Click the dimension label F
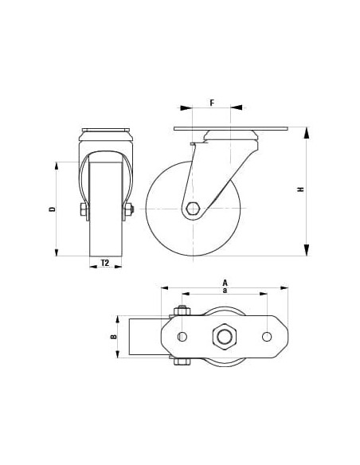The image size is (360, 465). pyautogui.click(x=211, y=103)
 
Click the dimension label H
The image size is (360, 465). pyautogui.click(x=300, y=190)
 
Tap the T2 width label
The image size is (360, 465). pyautogui.click(x=104, y=262)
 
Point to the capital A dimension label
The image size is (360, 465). pyautogui.click(x=225, y=282)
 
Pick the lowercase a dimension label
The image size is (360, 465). pyautogui.click(x=225, y=291)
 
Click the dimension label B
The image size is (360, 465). pyautogui.click(x=113, y=337)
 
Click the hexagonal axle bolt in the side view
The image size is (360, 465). pyautogui.click(x=194, y=209)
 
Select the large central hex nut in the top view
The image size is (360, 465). pyautogui.click(x=225, y=337)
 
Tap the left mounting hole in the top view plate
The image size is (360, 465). pyautogui.click(x=182, y=337)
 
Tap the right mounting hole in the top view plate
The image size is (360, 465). pyautogui.click(x=267, y=337)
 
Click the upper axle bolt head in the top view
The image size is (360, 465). pyautogui.click(x=182, y=311)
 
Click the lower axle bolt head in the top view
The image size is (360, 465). pyautogui.click(x=182, y=364)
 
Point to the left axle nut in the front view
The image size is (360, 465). pyautogui.click(x=82, y=209)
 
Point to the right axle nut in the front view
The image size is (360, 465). pyautogui.click(x=128, y=209)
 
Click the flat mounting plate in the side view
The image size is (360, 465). pyautogui.click(x=231, y=128)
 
